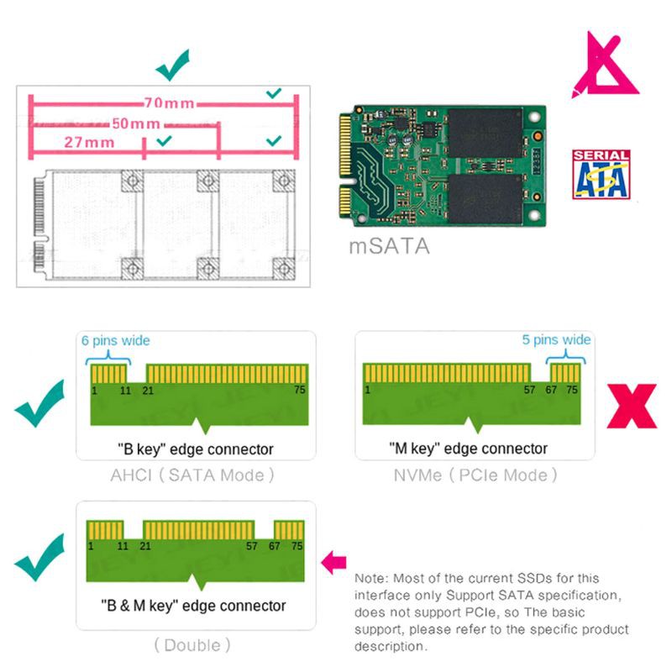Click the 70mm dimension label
(x=168, y=103)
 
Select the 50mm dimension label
(x=136, y=123)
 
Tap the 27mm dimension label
(x=89, y=142)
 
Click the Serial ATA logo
(x=600, y=174)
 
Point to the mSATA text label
(x=389, y=247)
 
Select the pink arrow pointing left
(x=334, y=559)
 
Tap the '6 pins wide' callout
(x=115, y=340)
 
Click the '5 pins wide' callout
(x=556, y=340)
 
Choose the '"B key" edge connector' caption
(x=195, y=449)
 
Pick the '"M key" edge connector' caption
(x=469, y=449)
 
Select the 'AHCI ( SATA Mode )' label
(x=193, y=475)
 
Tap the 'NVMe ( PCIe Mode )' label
(x=475, y=475)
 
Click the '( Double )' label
(x=192, y=645)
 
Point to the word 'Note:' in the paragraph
(x=372, y=579)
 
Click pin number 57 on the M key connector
(x=529, y=390)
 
